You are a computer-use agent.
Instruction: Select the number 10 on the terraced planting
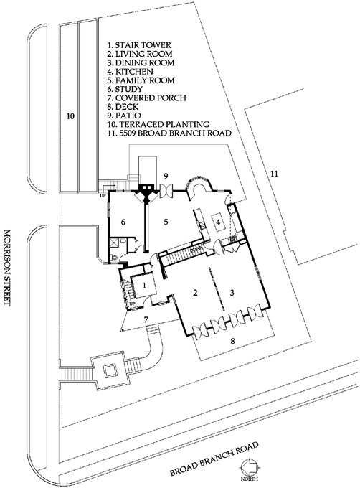point(70,115)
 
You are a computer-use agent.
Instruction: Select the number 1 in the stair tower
point(145,285)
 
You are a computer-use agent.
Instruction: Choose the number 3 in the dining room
point(232,292)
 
